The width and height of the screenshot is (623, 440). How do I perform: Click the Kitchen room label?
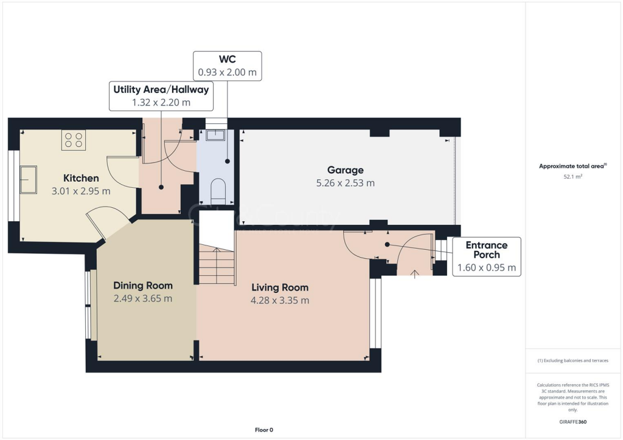coord(81,178)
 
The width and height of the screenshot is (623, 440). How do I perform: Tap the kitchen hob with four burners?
coord(73,140)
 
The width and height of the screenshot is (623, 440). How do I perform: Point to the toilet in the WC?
coord(218,190)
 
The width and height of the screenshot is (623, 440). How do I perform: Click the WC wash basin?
coord(215,135)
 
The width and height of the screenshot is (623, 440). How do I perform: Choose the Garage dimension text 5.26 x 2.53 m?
coord(345,183)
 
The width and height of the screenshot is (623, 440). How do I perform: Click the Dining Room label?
coord(143,286)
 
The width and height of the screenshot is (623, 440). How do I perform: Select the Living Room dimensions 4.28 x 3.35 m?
coord(280,300)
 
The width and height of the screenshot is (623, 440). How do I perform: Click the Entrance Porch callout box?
coord(486,256)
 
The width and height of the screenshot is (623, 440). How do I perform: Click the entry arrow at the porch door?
coord(415,273)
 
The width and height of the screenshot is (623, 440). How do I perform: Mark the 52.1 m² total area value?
coord(573,177)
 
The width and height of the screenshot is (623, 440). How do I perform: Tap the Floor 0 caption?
coord(264,430)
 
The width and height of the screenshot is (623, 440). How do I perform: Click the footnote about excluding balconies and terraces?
coord(573,360)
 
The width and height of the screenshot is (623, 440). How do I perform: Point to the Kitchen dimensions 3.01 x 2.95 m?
coord(81,191)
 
